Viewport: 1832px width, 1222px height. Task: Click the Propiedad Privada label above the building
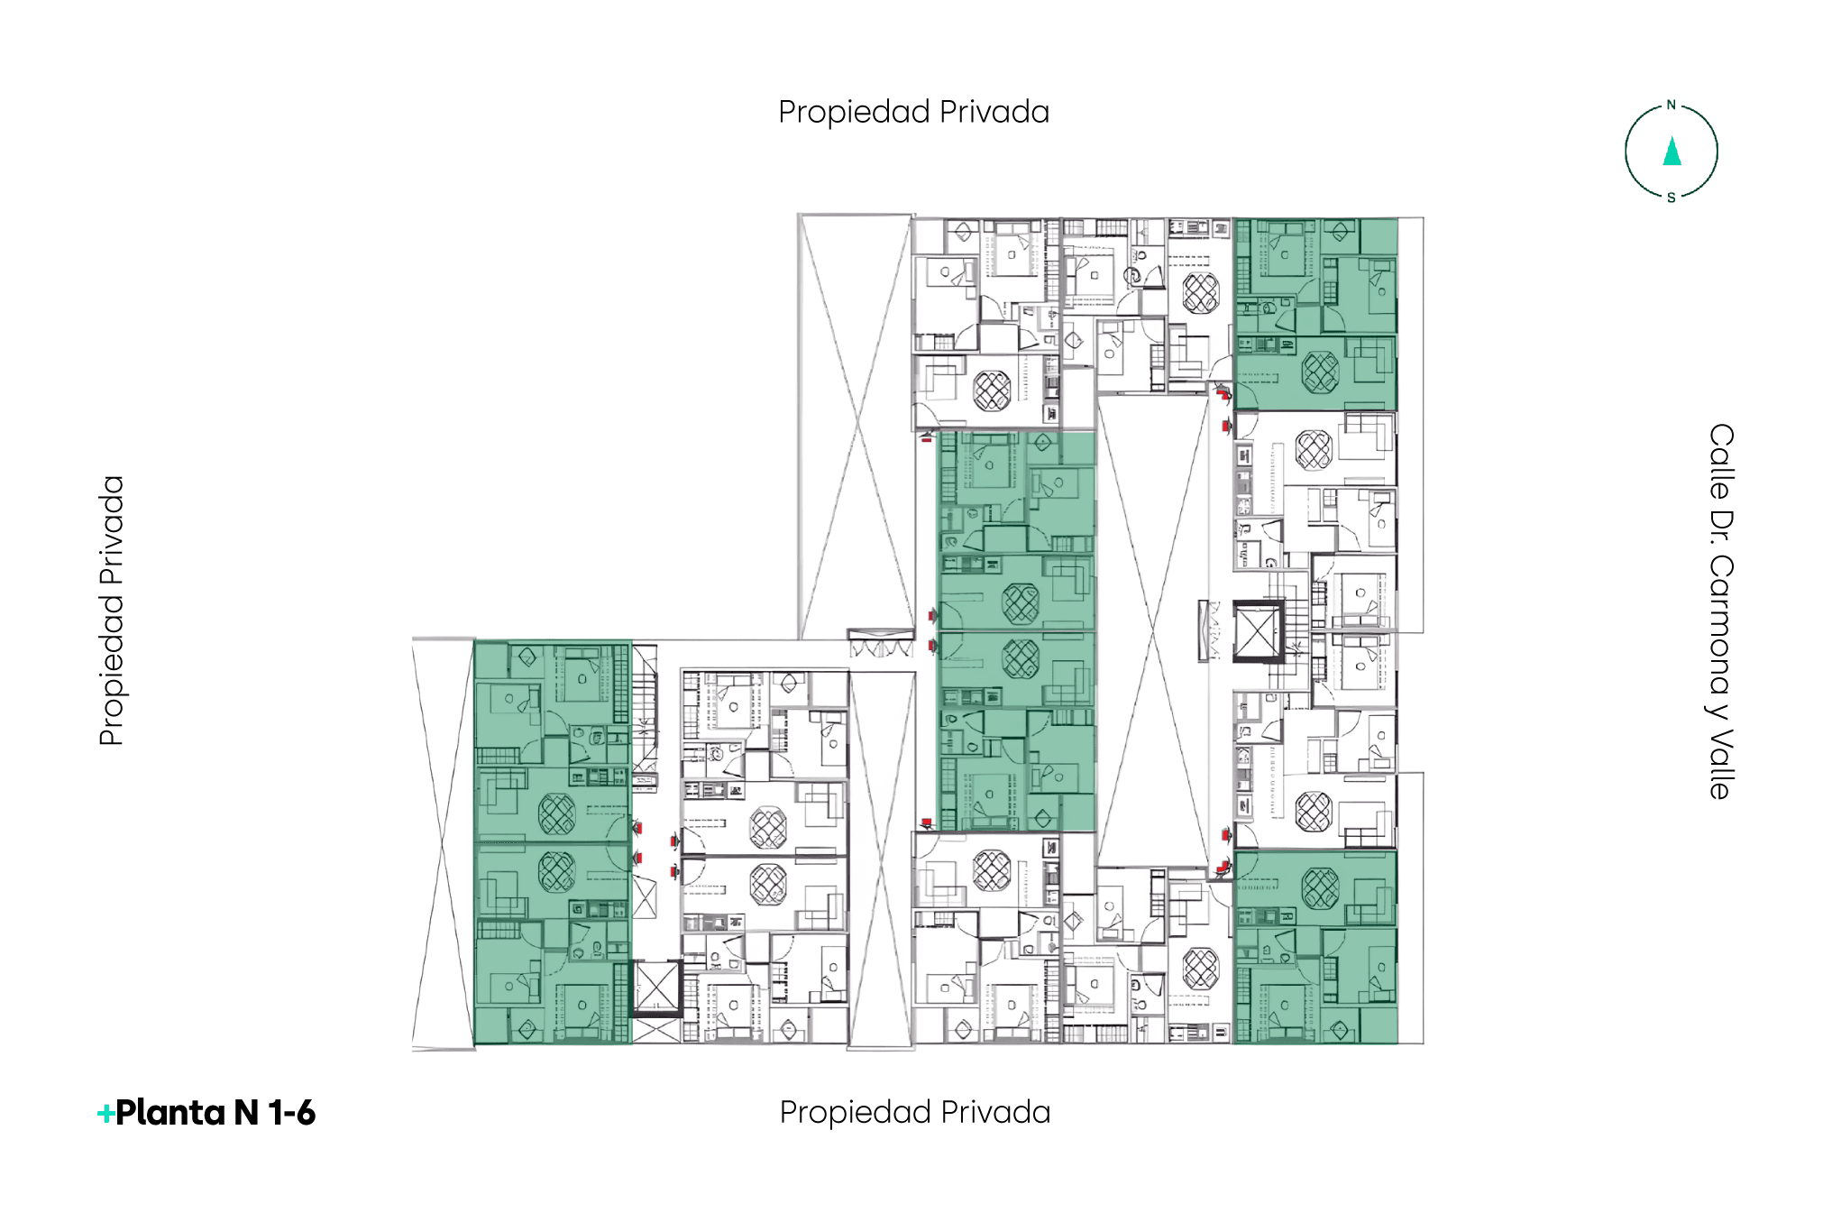pos(913,112)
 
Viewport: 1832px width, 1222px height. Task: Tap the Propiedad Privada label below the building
pos(915,1112)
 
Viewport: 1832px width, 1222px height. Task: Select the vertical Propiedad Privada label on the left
pos(112,611)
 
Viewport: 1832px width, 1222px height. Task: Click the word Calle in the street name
pos(1720,462)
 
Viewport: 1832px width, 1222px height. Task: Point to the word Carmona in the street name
pos(1720,624)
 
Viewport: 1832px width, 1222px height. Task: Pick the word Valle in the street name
pos(1720,763)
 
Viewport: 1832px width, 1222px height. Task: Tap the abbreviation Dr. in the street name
pos(1720,527)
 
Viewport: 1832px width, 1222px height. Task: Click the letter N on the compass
pos(1671,105)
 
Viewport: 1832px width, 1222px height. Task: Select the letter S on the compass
pos(1671,198)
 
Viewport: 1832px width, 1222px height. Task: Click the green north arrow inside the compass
pos(1672,151)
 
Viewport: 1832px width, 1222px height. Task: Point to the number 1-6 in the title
pos(291,1113)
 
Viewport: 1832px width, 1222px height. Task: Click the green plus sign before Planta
pos(105,1114)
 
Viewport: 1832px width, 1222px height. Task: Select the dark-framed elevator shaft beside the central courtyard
pos(1258,631)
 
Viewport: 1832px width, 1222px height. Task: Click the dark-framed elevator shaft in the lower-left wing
pos(656,988)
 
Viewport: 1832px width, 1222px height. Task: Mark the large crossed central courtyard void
pos(1152,631)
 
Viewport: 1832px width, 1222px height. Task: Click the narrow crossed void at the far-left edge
pos(443,844)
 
